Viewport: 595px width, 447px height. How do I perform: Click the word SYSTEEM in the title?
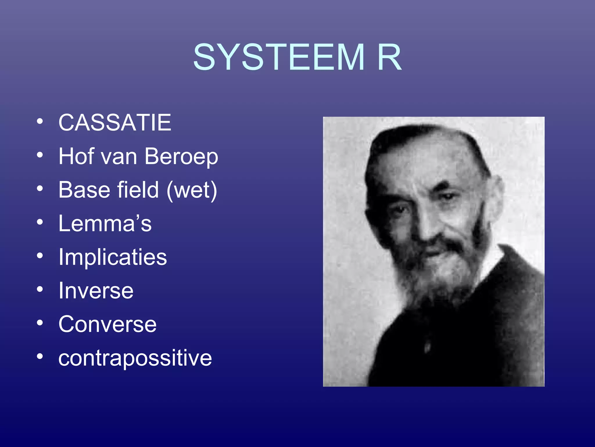278,57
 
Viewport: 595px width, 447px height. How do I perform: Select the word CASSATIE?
115,123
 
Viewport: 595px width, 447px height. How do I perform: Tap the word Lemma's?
105,223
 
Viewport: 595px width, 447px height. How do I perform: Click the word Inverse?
96,291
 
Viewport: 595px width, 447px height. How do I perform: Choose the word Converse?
107,324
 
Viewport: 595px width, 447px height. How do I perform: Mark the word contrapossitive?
135,358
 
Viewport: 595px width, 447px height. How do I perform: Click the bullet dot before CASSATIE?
40,121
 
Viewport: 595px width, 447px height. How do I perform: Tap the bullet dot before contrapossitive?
40,356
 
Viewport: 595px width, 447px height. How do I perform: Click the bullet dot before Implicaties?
40,256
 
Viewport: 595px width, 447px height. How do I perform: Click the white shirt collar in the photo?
494,259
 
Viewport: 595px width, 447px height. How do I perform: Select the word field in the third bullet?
138,190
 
